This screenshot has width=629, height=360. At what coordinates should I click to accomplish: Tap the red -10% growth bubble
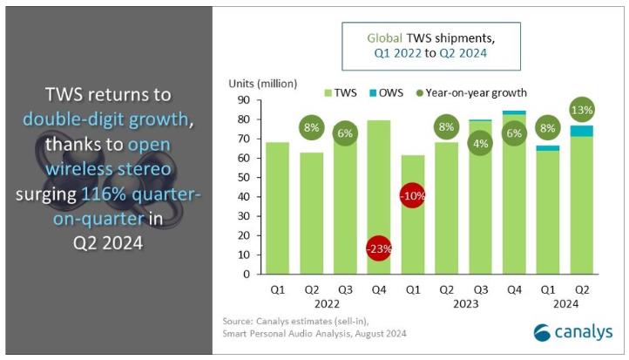point(413,195)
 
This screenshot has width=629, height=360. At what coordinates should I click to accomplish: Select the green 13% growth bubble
point(581,111)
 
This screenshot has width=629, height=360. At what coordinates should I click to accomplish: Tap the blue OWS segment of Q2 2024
point(581,131)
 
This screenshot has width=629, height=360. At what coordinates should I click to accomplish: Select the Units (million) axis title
point(263,84)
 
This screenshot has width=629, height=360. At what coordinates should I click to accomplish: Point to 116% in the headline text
point(125,194)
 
